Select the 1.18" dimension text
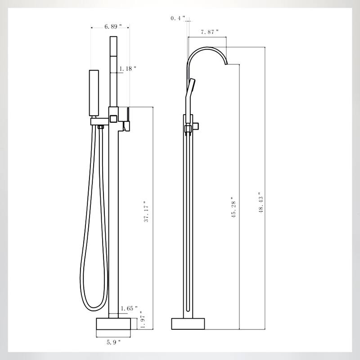[128, 69]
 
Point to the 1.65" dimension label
[130, 309]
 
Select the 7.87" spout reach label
[209, 31]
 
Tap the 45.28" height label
[233, 207]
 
